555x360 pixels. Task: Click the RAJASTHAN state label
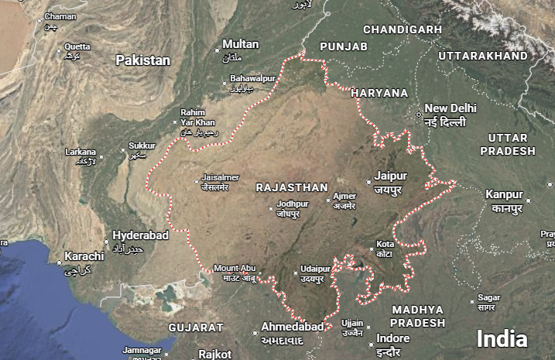coord(292,187)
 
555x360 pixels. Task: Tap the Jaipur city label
coord(390,176)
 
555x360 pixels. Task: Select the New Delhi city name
coord(451,108)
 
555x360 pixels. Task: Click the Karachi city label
coord(84,256)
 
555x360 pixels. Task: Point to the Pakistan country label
coord(142,60)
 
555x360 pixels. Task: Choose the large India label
coord(502,338)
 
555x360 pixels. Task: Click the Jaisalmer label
coord(221,177)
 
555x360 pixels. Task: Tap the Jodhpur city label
coord(293,204)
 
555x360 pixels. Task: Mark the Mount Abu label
coord(235,268)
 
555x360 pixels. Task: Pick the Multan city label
coord(240,44)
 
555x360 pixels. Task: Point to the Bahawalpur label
coord(253,79)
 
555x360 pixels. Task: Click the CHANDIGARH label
coord(403,29)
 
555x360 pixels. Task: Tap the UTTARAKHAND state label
coord(482,56)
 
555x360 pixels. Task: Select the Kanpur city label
coord(504,194)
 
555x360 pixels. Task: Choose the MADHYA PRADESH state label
coord(418,316)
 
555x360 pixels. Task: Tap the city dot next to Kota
coord(369,249)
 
